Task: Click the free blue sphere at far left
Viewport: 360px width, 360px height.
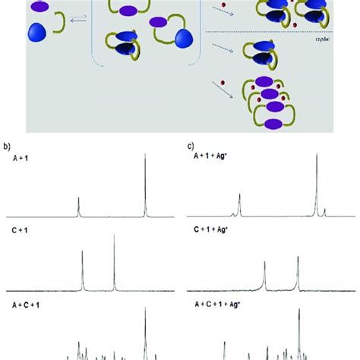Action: [36, 33]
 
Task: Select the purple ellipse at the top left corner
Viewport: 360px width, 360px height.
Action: [39, 7]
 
